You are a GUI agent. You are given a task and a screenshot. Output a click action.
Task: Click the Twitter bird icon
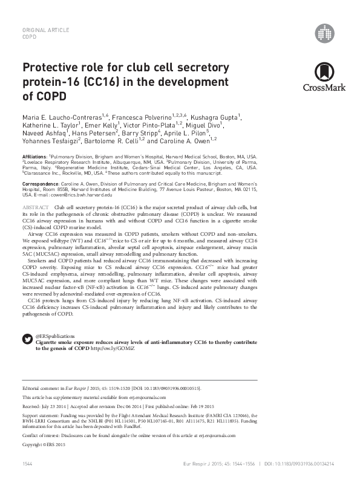[x=27, y=338]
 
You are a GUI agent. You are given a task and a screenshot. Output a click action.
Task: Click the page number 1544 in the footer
[x=27, y=462]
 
